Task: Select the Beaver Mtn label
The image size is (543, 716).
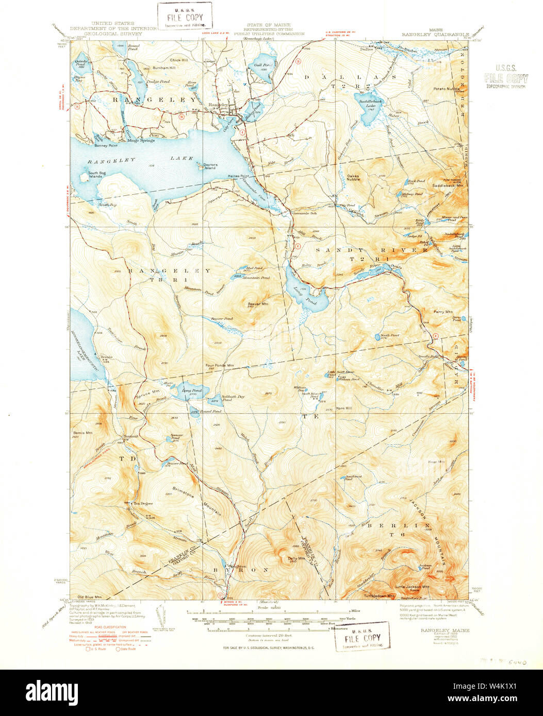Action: (258, 304)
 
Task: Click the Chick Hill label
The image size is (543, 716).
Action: (179, 60)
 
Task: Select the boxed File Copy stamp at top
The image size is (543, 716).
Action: (185, 15)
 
